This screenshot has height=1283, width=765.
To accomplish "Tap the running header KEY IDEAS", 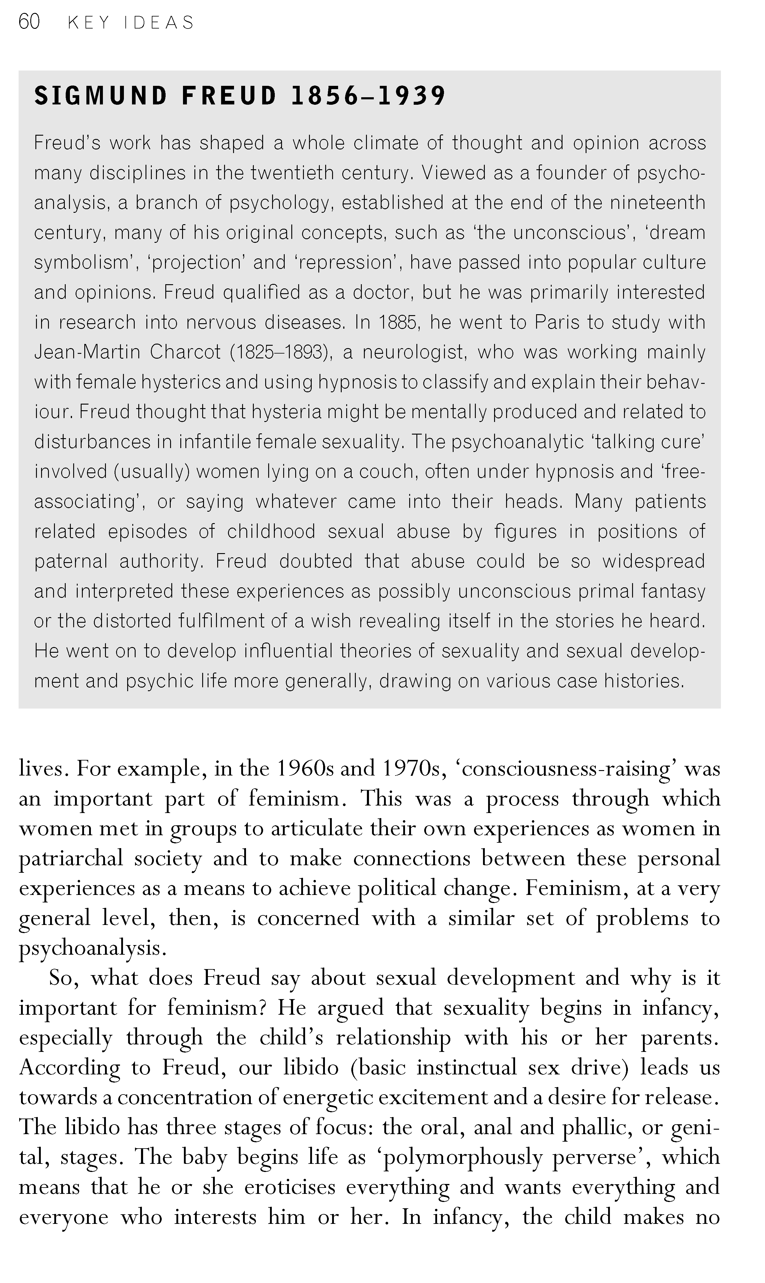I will tap(131, 23).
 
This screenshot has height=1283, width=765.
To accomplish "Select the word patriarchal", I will tap(70, 859).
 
